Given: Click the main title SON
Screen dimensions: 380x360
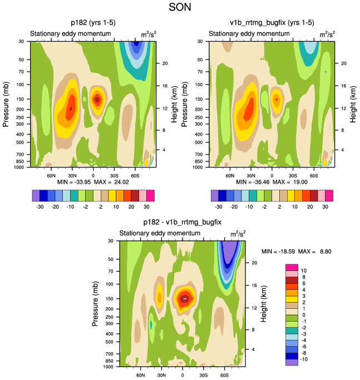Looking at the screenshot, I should [x=179, y=8].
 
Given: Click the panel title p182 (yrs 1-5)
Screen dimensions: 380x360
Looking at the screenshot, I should [x=93, y=23].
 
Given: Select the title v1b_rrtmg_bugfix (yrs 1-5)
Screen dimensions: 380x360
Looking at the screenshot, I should [x=272, y=23].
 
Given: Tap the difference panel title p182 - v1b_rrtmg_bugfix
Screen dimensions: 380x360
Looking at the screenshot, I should [x=183, y=221].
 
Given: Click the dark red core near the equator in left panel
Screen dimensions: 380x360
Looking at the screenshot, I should [x=97, y=99].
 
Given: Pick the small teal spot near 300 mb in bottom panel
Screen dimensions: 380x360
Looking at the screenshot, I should [x=151, y=324].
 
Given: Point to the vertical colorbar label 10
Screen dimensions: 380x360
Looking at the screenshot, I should [x=304, y=270].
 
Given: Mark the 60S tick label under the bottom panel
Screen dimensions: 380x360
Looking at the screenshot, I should [x=225, y=374].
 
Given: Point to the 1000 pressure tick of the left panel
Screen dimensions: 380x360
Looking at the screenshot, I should [x=22, y=167].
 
